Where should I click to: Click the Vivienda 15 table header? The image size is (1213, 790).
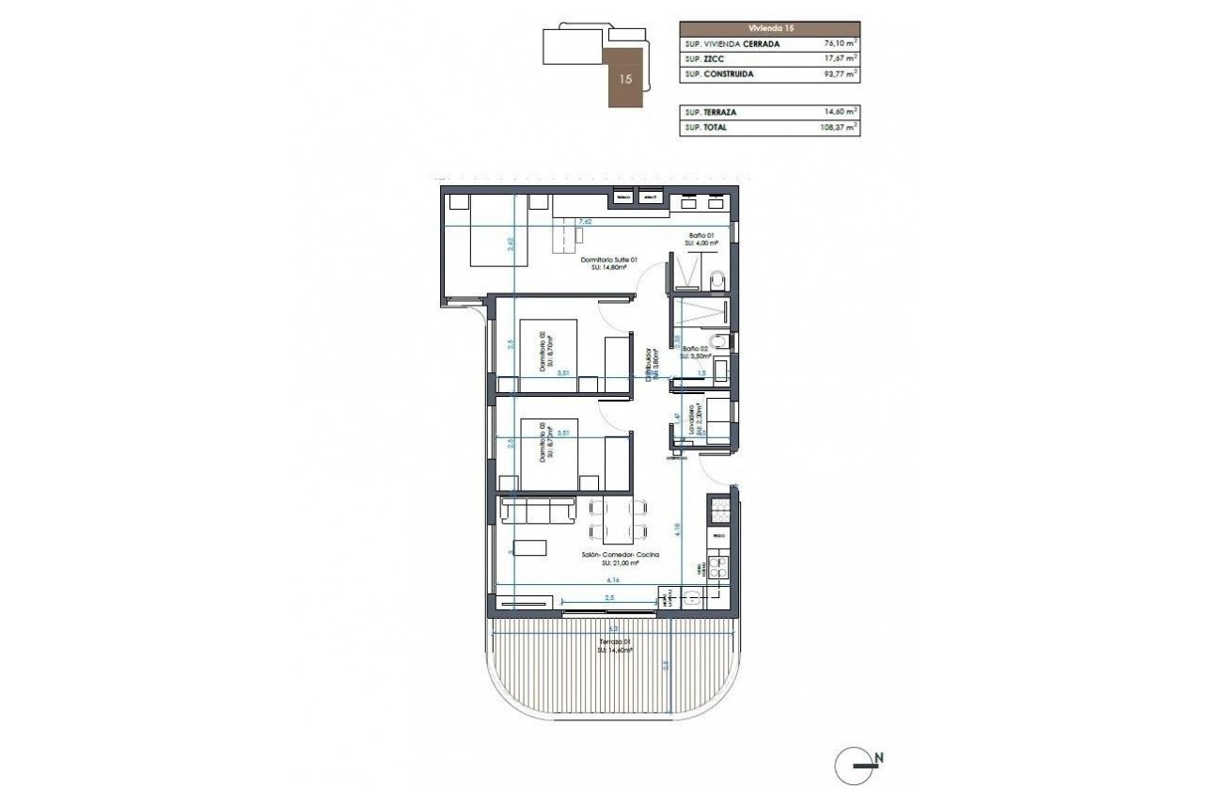coord(769,29)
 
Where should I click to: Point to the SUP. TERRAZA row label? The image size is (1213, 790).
coord(711,112)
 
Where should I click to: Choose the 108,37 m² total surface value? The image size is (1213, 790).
coord(838,127)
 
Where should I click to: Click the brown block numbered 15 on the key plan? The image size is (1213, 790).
coord(626,79)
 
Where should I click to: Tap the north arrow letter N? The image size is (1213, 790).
coord(879,757)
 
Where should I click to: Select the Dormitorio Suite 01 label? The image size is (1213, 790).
coord(609,263)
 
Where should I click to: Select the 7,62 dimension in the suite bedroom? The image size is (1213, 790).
coord(585,222)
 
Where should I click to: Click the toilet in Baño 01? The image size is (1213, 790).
coord(717,278)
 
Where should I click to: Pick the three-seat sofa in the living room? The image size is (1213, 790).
coord(539,511)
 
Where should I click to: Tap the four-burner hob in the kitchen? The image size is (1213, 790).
coord(718,567)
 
